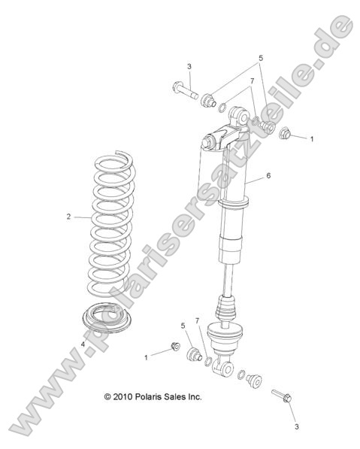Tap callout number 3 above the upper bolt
pyautogui.click(x=189, y=67)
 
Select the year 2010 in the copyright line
pyautogui.click(x=124, y=396)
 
